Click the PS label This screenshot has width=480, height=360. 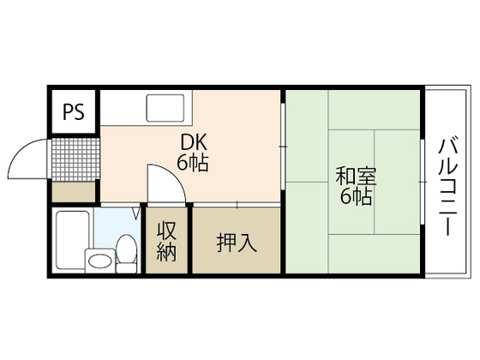[73, 112]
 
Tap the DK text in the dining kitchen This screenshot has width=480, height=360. [193, 142]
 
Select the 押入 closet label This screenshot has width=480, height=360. [236, 243]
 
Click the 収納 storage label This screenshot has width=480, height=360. [166, 242]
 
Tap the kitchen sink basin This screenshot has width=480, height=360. [169, 109]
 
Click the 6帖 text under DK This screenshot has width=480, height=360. [193, 162]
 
